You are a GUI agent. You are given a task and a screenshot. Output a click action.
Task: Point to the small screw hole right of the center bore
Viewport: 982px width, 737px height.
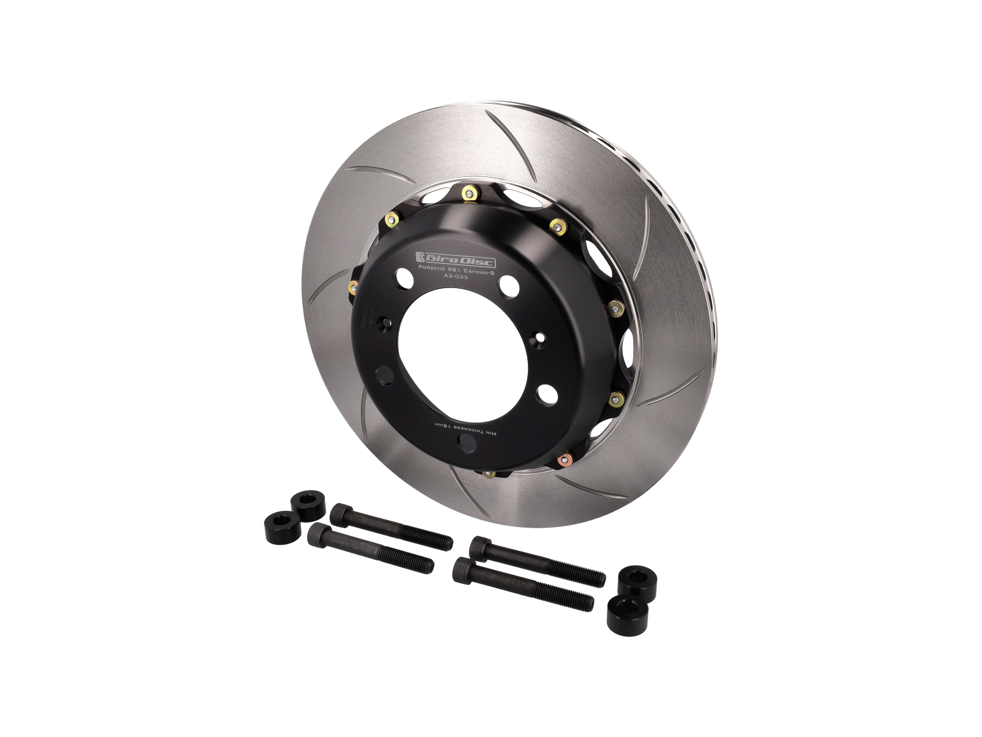tap(539, 337)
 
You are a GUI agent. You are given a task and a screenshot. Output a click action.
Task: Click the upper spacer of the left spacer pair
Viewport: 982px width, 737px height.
tap(307, 505)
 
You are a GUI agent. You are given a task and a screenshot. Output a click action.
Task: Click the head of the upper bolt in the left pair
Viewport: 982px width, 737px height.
tap(341, 514)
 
